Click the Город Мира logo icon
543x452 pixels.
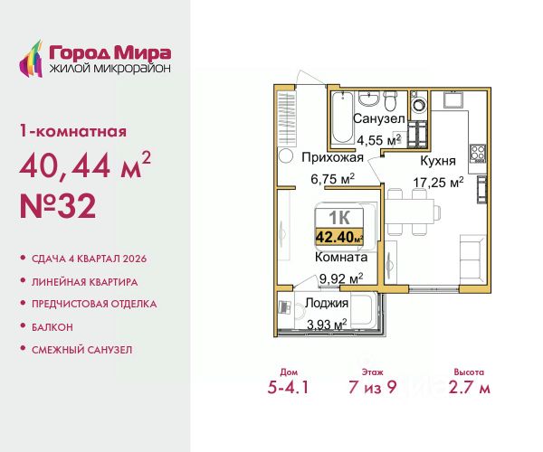click(x=31, y=59)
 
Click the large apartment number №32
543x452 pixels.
click(x=58, y=206)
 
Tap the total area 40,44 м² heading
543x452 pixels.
click(x=85, y=165)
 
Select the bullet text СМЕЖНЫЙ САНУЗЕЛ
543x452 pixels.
click(x=82, y=350)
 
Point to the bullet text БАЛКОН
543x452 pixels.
click(x=52, y=327)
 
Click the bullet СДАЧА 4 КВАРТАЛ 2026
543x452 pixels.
click(x=90, y=259)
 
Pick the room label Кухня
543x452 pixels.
click(x=438, y=161)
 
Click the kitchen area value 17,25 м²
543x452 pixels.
click(x=438, y=182)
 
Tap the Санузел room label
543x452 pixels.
click(x=379, y=118)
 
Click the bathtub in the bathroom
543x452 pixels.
click(x=342, y=118)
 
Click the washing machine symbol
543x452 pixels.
click(x=419, y=103)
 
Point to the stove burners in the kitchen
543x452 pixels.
click(x=478, y=154)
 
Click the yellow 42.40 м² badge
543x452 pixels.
click(x=339, y=237)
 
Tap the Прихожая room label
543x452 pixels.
click(x=332, y=157)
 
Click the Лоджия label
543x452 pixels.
click(x=326, y=303)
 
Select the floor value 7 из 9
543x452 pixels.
click(x=373, y=387)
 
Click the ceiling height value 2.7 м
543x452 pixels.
click(x=469, y=387)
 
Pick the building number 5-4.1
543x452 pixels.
click(x=288, y=387)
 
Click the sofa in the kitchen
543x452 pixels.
click(x=473, y=259)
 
